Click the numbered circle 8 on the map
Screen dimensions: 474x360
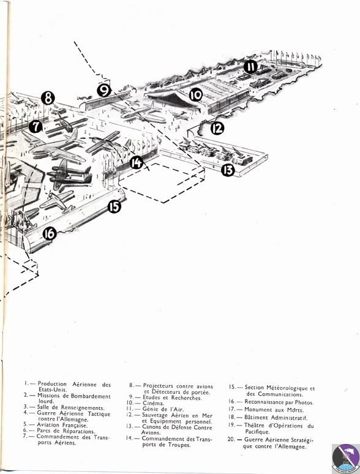coord(48,97)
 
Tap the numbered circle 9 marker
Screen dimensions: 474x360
coord(104,91)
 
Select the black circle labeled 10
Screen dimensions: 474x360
coord(195,95)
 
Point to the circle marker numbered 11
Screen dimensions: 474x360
coord(250,67)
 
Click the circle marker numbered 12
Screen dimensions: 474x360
coord(217,129)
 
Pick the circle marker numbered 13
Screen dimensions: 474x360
coord(228,170)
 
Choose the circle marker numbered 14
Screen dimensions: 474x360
coord(137,162)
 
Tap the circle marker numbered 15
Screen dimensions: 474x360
coord(114,206)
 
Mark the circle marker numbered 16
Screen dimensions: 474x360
coord(50,233)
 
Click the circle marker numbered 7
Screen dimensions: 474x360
coord(35,127)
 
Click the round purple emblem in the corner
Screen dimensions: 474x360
coord(345,457)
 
